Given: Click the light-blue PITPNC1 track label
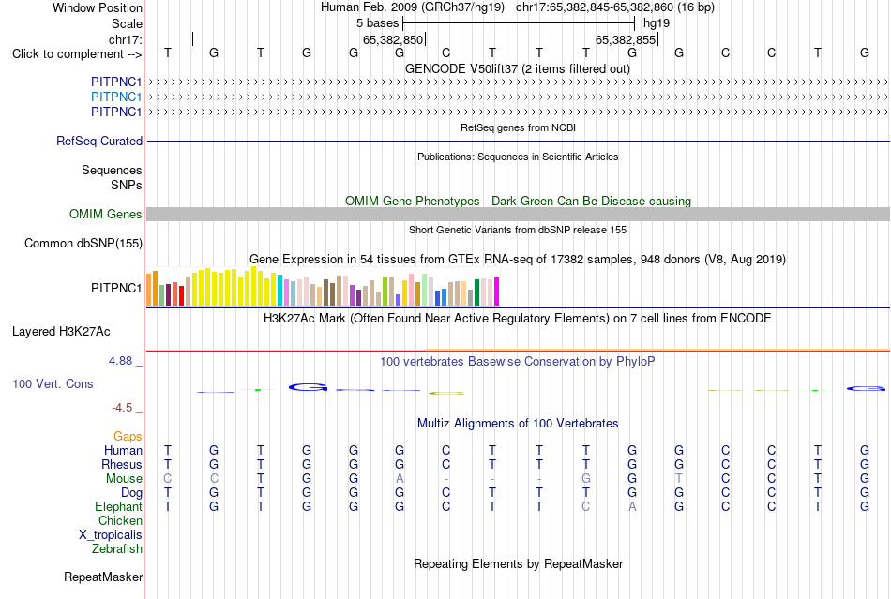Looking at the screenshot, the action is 116,97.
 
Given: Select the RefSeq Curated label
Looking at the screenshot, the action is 99,141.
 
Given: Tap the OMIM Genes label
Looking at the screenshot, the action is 106,214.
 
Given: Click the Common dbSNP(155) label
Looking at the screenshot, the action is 83,243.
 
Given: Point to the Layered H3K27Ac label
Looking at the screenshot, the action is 61,332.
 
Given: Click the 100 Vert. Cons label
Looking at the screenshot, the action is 53,383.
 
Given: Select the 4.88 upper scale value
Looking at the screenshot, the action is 120,361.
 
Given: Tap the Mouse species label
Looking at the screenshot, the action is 124,479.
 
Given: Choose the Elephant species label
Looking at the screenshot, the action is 119,506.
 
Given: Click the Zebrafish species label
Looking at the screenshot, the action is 117,549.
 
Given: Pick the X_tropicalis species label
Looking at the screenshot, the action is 111,535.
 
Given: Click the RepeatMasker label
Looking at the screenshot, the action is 103,577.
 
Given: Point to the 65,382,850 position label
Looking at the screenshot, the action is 393,39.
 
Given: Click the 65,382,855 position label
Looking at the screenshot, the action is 626,39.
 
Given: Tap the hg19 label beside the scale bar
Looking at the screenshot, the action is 657,23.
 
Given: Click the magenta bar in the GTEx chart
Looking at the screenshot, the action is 497,292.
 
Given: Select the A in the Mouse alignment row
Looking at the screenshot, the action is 400,479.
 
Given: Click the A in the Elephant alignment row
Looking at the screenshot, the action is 632,506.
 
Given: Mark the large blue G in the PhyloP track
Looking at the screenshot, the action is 308,387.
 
